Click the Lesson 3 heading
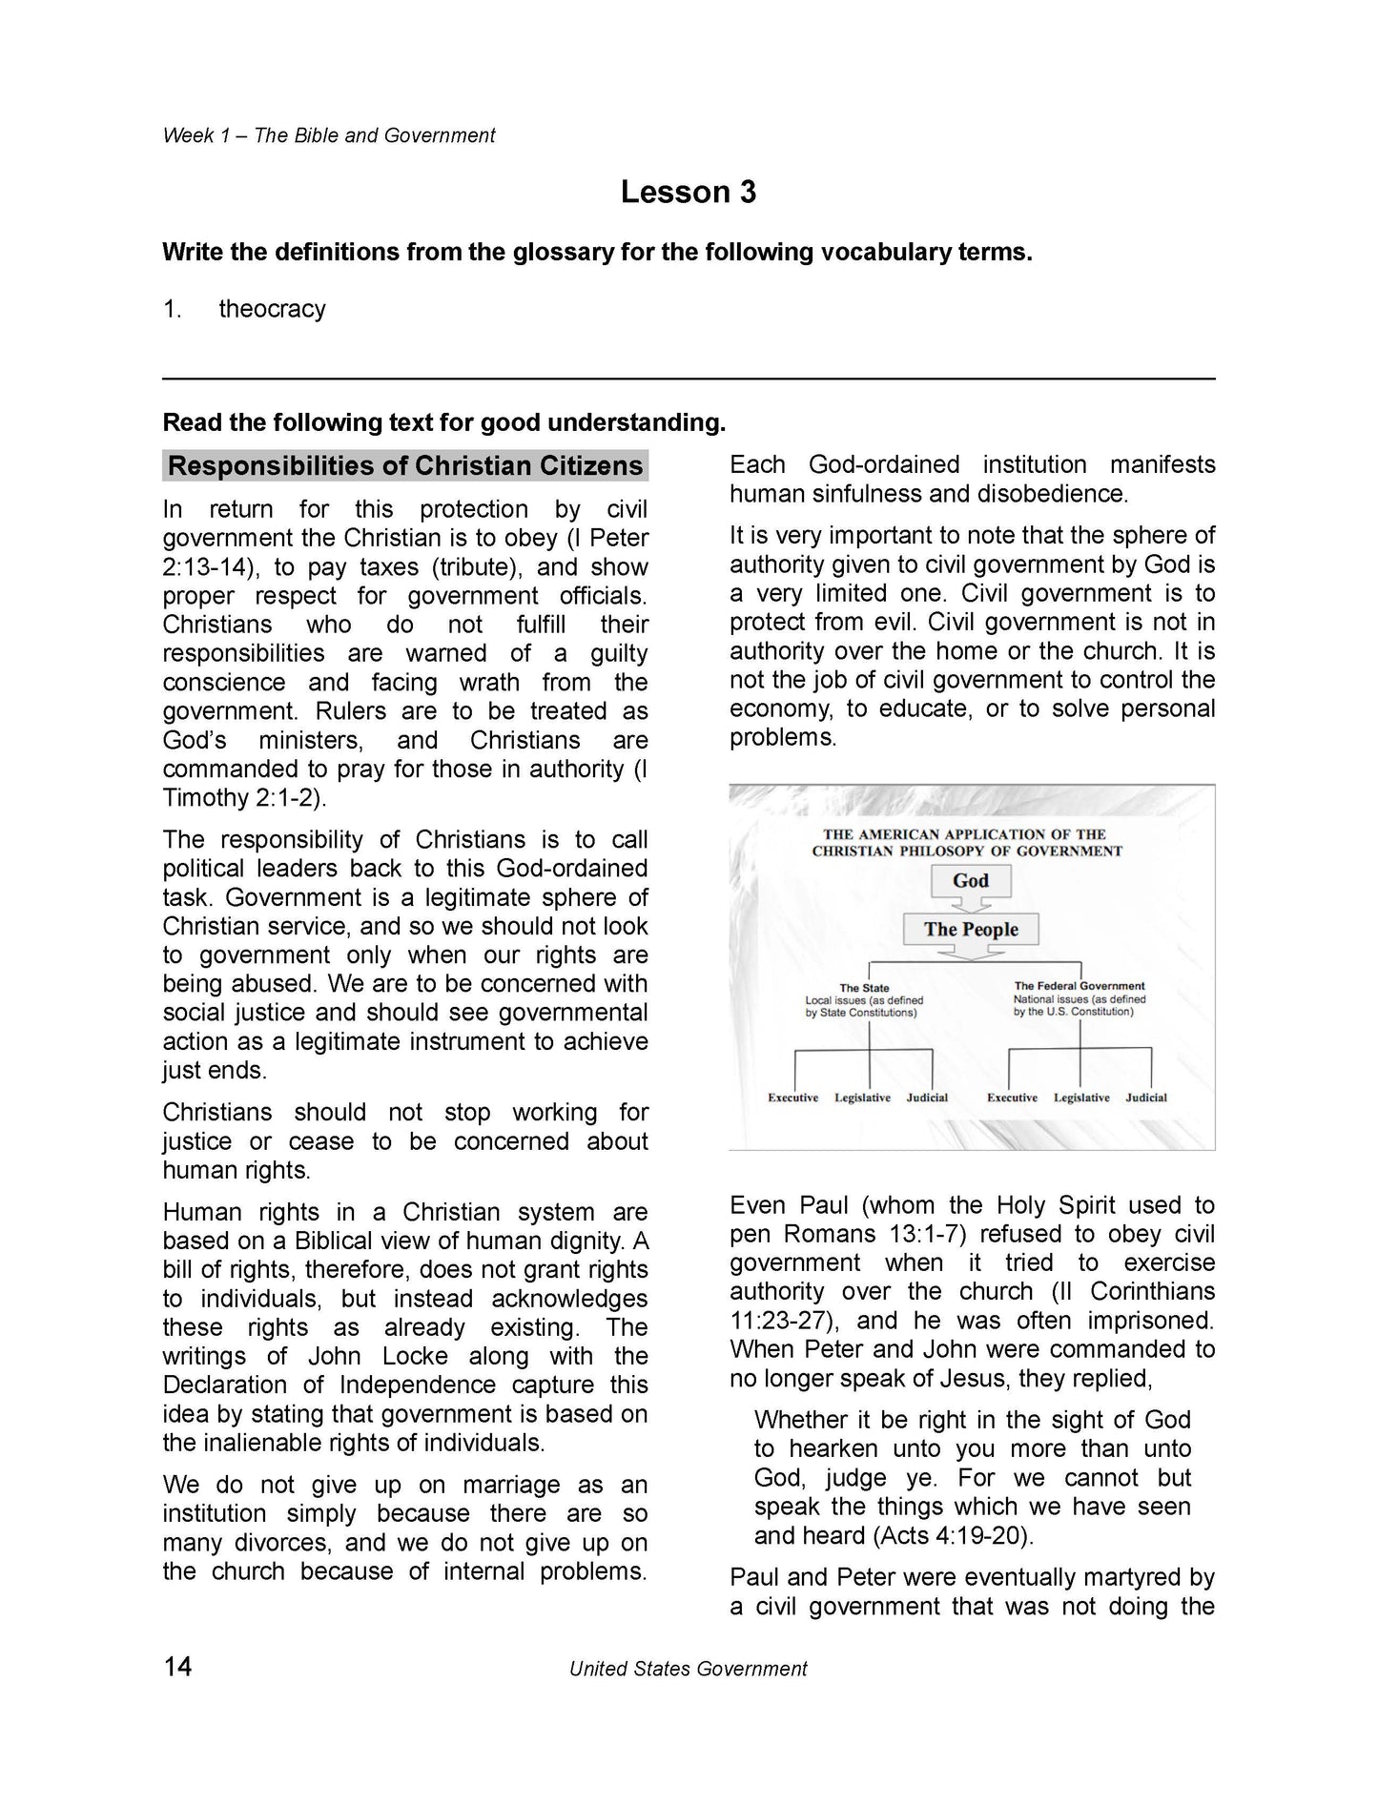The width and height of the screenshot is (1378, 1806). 688,193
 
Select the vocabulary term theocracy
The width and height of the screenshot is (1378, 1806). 272,309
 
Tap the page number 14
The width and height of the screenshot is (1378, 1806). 177,1666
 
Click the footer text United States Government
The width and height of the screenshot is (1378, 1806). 688,1669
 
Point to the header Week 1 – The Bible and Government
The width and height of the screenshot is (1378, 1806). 328,135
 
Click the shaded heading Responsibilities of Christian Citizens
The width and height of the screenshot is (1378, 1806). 405,466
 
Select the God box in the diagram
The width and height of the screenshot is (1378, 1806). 970,881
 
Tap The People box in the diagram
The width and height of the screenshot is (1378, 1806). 970,930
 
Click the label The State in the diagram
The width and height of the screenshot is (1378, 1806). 864,988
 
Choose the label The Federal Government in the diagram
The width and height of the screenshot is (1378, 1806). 1079,986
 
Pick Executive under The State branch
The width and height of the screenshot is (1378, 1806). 792,1098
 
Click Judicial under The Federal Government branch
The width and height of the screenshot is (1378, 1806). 1145,1098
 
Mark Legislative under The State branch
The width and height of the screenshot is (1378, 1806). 862,1098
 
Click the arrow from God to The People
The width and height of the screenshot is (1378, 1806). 970,904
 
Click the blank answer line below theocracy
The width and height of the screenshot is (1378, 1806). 688,379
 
